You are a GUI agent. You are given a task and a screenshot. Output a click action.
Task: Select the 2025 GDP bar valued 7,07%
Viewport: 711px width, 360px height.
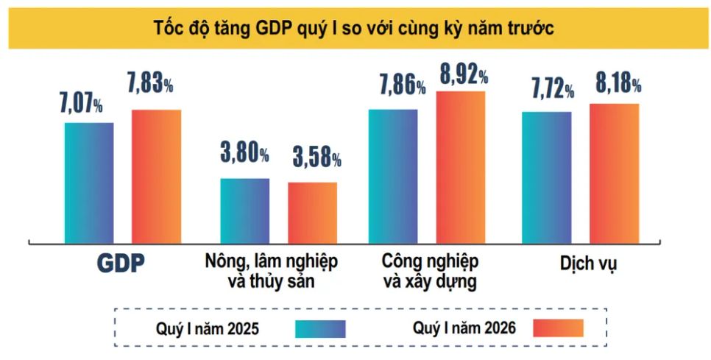point(89,182)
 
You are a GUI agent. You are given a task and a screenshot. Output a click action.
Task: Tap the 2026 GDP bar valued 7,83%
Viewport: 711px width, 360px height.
point(156,176)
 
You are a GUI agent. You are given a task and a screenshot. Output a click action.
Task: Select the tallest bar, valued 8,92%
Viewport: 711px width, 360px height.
point(461,166)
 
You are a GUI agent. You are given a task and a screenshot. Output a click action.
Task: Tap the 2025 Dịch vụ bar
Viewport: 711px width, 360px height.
point(547,177)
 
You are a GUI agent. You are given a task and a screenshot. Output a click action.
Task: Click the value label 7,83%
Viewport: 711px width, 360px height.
point(151,85)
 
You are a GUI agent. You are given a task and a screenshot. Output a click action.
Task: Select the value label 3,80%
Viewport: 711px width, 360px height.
point(244,154)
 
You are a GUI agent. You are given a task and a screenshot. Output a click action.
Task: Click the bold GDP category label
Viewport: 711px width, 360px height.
point(121,264)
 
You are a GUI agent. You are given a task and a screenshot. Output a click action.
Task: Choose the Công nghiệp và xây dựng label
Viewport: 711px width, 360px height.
point(431,271)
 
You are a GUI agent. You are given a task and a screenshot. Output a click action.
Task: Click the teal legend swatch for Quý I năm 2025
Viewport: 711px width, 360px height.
point(320,328)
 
